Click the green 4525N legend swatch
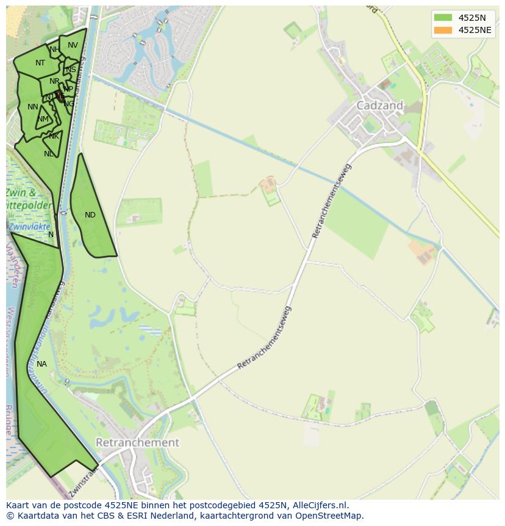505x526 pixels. tap(443, 18)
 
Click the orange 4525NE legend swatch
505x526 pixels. tap(443, 30)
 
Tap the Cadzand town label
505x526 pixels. tap(379, 106)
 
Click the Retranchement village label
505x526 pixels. tap(138, 442)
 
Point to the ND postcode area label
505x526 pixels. tap(90, 215)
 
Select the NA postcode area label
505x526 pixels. tap(41, 364)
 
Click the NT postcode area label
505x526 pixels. tap(40, 63)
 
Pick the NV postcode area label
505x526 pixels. tap(73, 45)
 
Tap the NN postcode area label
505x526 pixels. tap(33, 107)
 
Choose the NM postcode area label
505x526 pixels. tap(43, 119)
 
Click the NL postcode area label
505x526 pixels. tap(49, 154)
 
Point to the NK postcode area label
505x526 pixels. tap(54, 136)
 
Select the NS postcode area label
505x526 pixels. tap(71, 70)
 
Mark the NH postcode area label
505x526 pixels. tap(55, 49)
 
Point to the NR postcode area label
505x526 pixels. tap(55, 81)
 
